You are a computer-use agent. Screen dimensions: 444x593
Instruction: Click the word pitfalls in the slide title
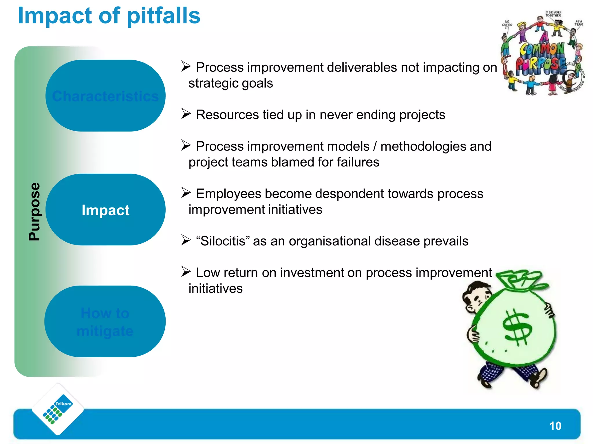tap(164, 16)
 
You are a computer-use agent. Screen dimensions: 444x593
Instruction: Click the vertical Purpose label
tap(34, 212)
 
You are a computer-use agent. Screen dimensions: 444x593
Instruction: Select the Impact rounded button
tap(105, 210)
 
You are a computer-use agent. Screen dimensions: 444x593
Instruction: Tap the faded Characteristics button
tap(105, 96)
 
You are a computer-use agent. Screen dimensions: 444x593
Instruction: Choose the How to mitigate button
tap(105, 322)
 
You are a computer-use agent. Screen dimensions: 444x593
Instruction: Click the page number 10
tap(555, 426)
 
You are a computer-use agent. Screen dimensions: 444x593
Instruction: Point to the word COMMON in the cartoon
tap(542, 49)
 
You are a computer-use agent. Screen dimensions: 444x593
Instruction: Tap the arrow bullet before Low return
tap(186, 271)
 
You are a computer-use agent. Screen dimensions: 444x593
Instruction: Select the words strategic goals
tap(230, 83)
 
